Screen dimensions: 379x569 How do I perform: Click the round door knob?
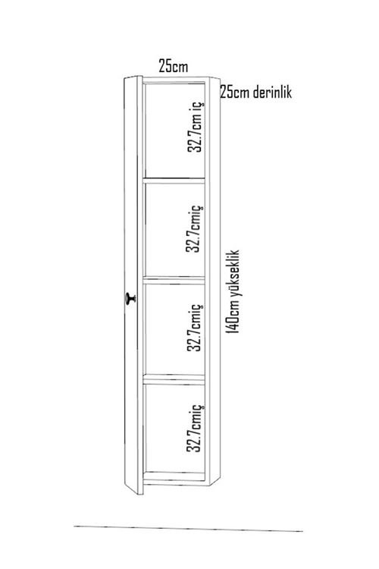(130, 299)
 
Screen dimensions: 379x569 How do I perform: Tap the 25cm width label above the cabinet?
(174, 67)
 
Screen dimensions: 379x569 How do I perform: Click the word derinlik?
(272, 92)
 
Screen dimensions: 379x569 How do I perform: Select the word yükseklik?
(233, 274)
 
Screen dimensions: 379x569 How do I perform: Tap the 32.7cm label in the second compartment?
(194, 228)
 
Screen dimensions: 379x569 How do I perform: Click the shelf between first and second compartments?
(174, 180)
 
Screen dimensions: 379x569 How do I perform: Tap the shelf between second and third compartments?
(174, 280)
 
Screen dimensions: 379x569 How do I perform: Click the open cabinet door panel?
(133, 284)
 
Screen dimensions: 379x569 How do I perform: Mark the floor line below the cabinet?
(188, 528)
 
